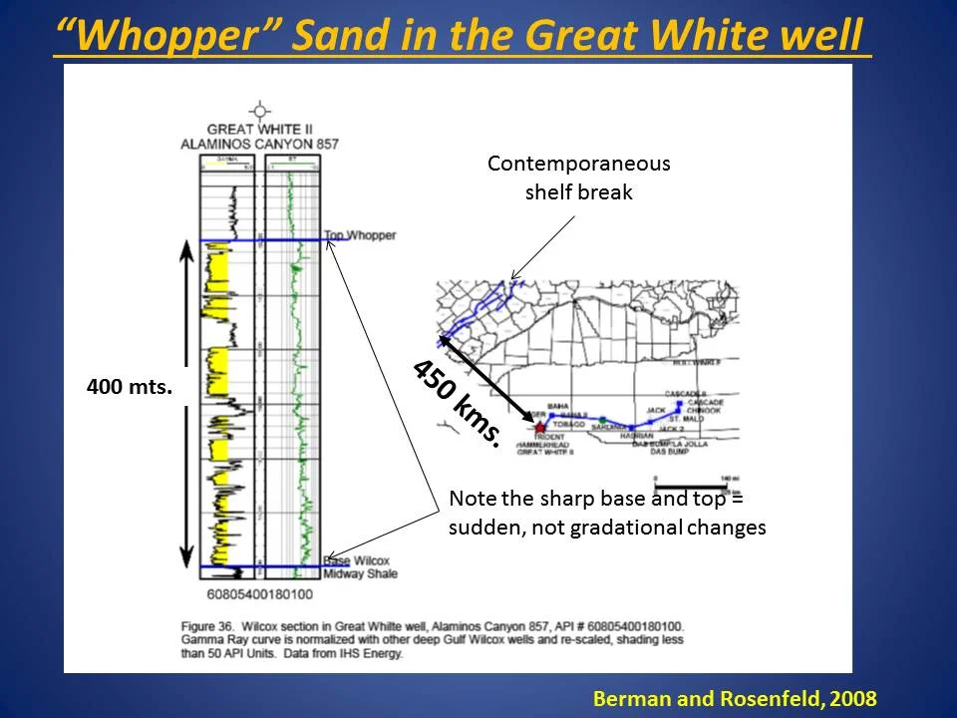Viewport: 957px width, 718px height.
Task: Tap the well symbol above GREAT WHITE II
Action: pos(260,110)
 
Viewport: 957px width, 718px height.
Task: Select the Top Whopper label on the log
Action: pos(360,235)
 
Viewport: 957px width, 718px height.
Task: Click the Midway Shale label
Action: pos(360,573)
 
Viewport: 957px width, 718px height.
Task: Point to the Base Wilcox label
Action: pos(356,561)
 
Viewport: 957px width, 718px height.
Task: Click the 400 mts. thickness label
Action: pos(130,386)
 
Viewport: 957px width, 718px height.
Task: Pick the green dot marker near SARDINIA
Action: pos(602,419)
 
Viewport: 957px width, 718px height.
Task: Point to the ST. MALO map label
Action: pos(688,419)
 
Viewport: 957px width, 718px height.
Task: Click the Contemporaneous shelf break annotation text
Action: pos(578,178)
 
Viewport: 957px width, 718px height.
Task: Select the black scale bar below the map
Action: pos(688,487)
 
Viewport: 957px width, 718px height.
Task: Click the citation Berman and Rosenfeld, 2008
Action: pos(735,699)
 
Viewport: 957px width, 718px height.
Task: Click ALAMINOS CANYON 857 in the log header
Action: pos(259,144)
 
